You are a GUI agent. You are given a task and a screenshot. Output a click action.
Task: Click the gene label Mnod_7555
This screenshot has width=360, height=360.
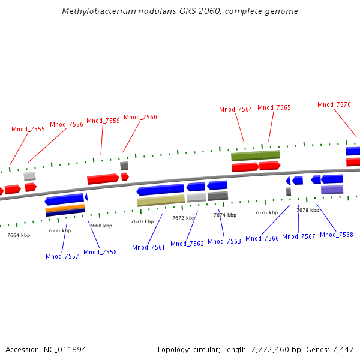(28, 129)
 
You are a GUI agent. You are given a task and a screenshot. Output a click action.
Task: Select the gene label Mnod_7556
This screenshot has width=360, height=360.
(67, 124)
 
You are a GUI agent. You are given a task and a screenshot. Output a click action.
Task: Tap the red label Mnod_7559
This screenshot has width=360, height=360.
(103, 121)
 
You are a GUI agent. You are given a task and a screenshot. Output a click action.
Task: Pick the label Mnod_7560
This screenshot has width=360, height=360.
(140, 117)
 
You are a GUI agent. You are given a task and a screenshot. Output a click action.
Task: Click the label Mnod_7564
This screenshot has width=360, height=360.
(236, 109)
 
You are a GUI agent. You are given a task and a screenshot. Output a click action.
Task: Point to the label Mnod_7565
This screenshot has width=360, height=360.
(274, 107)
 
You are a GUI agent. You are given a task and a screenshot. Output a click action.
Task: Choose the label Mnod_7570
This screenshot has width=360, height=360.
(334, 104)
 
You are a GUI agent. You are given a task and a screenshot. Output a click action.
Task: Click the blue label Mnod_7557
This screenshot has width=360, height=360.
(62, 256)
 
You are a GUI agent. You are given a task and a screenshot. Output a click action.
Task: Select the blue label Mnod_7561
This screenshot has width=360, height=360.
(149, 247)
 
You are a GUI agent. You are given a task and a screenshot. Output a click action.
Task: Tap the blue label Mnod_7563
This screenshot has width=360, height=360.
(225, 241)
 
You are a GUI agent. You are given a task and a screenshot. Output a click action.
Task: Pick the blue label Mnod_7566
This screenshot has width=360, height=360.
(262, 238)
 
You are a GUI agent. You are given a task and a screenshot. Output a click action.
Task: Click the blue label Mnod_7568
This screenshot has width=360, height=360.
(337, 235)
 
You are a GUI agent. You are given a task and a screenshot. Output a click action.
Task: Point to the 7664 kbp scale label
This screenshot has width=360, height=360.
(19, 235)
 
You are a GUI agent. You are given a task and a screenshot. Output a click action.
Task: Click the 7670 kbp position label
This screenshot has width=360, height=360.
(142, 221)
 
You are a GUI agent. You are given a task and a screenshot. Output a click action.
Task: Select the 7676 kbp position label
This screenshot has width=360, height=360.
(266, 212)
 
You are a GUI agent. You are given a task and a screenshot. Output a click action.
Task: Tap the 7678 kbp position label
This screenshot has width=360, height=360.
(308, 210)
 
